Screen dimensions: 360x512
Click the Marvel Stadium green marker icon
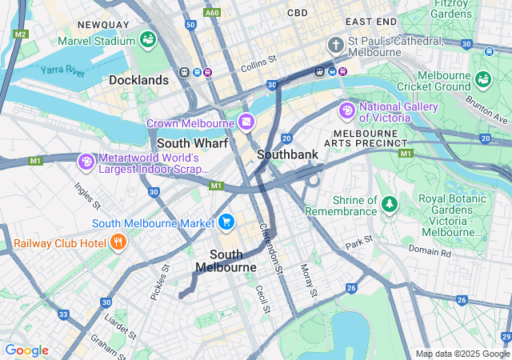147,39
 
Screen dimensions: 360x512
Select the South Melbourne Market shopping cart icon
226,222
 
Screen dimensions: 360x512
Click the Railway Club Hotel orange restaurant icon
118,242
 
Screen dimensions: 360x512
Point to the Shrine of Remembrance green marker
389,205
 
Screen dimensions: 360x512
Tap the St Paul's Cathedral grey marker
336,44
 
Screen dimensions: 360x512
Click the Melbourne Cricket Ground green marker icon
482,78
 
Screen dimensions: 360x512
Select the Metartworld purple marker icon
86,162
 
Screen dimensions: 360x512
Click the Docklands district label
139,80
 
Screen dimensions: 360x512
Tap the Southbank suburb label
288,154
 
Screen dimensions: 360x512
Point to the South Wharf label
192,143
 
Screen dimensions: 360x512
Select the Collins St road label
260,58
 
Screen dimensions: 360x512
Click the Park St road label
359,241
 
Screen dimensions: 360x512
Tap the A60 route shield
213,13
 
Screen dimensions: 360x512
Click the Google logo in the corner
26,350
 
